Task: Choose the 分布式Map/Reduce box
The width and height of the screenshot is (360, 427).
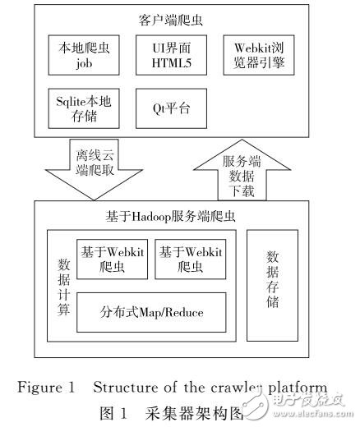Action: [x=152, y=312]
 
